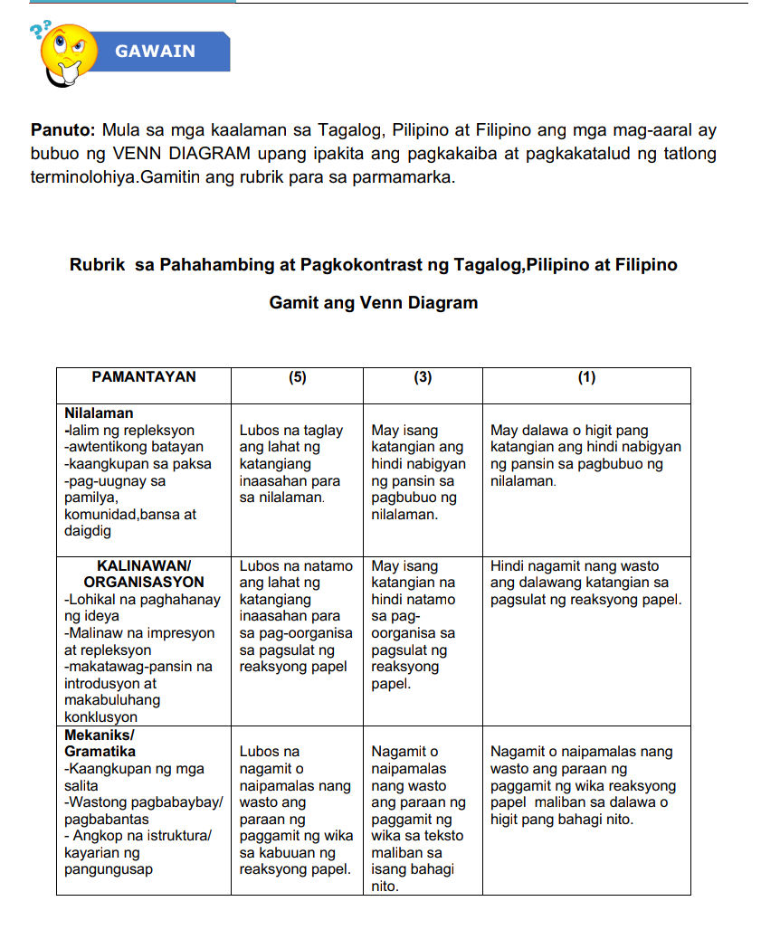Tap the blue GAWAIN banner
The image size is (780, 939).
(156, 52)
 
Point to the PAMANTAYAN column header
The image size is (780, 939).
(143, 377)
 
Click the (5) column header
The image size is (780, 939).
(297, 378)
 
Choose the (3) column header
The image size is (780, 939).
(423, 378)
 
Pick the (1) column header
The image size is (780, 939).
(586, 378)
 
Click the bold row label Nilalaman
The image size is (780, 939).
(99, 413)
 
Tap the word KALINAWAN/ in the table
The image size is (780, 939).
(144, 565)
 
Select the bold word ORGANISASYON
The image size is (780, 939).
(144, 583)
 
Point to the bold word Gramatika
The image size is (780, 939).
(100, 752)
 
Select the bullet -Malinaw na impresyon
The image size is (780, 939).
(139, 633)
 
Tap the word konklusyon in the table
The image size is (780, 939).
(100, 717)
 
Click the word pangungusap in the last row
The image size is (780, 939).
(109, 870)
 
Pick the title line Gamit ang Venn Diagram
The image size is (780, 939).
(373, 303)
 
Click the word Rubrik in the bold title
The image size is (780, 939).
(99, 265)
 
